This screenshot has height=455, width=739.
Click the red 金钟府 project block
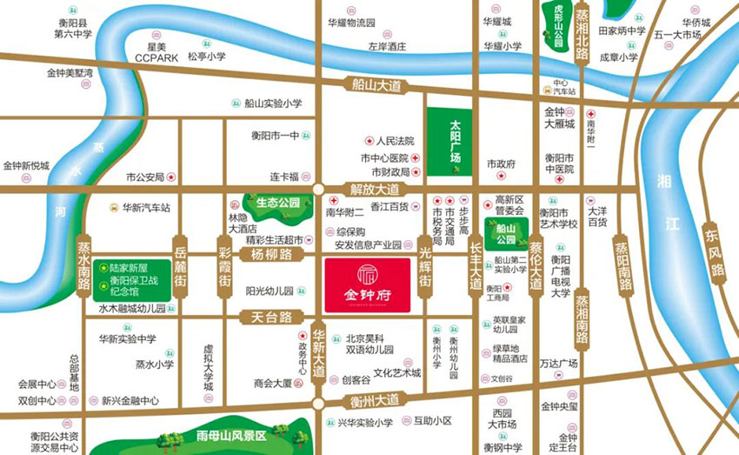click(369, 284)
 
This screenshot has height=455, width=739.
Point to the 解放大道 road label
click(375, 189)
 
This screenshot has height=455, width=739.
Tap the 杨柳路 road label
click(270, 254)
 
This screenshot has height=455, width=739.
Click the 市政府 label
click(502, 164)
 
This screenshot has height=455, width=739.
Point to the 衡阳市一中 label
click(275, 136)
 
